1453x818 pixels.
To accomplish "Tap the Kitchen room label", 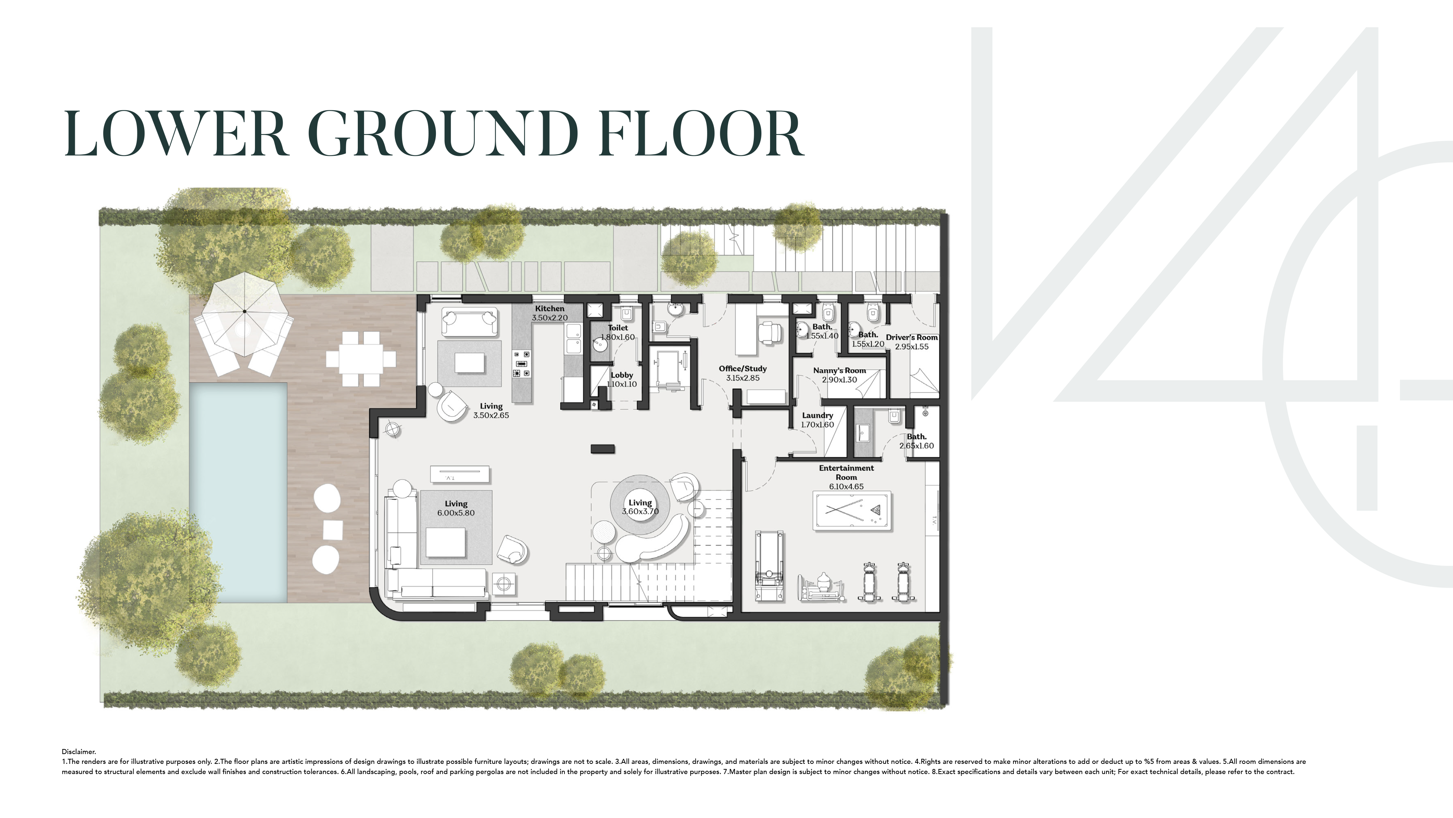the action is (x=549, y=309).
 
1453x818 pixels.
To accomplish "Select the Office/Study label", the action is (x=743, y=368).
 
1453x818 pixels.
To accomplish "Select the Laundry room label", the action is (x=817, y=415).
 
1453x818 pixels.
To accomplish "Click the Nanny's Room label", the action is (x=839, y=370).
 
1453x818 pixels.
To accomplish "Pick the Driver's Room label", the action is (x=911, y=337).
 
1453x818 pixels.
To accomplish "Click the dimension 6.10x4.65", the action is (x=846, y=486).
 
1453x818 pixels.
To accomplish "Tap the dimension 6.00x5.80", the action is (x=456, y=513).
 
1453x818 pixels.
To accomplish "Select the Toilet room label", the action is (x=618, y=328).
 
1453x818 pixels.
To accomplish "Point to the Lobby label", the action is (x=622, y=375).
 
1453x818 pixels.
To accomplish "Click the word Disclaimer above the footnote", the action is (x=79, y=752).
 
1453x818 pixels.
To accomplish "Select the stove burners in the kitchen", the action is (x=521, y=364).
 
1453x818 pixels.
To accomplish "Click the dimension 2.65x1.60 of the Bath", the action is (x=916, y=446).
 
